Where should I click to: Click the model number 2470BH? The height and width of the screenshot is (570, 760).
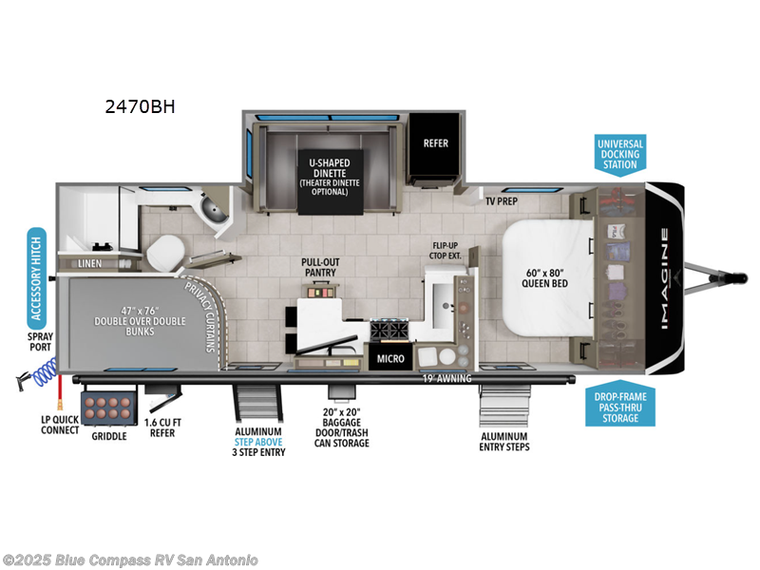(141, 107)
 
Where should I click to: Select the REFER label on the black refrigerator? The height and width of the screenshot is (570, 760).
(435, 143)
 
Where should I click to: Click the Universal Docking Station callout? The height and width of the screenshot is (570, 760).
(619, 154)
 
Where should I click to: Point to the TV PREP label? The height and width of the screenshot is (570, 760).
(502, 201)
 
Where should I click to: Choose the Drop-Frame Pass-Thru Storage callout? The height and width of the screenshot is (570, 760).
(619, 406)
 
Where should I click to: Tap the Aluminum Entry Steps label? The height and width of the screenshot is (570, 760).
(505, 440)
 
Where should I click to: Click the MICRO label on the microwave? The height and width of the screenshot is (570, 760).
(389, 359)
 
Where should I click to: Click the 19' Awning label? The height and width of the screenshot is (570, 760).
(446, 379)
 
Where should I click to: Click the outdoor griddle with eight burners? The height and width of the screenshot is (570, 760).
(105, 408)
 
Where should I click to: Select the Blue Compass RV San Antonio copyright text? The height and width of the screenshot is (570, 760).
(130, 560)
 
